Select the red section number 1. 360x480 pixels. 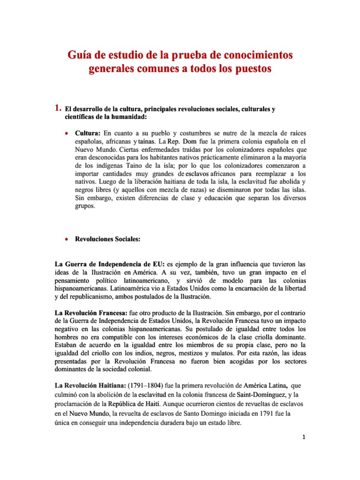pyautogui.click(x=58, y=109)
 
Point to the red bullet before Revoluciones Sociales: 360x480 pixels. pyautogui.click(x=67, y=239)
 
